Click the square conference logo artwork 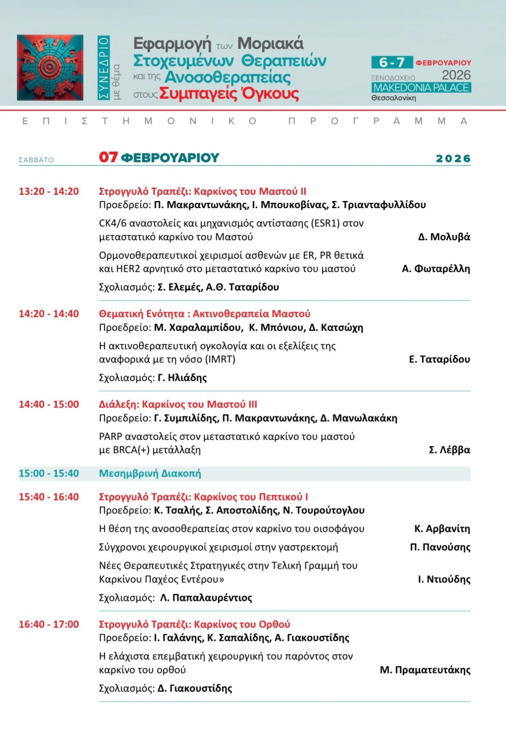click(50, 67)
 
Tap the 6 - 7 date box click(391, 62)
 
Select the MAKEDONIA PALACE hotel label click(421, 87)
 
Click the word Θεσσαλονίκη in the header click(393, 98)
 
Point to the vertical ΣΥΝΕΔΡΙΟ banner click(104, 67)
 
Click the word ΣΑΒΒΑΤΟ click(36, 160)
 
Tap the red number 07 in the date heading click(108, 157)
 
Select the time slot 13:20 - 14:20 click(49, 192)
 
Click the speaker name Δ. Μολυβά click(444, 237)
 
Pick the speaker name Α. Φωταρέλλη click(436, 269)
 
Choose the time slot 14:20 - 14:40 click(49, 314)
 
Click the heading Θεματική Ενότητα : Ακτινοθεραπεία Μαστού click(204, 314)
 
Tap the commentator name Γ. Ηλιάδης click(182, 378)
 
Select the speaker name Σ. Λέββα click(449, 450)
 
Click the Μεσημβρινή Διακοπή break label click(150, 473)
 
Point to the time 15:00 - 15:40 click(49, 473)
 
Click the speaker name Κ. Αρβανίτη click(442, 529)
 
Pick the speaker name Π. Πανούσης click(440, 548)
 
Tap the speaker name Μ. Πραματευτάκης click(425, 670)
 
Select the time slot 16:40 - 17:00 click(49, 625)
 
